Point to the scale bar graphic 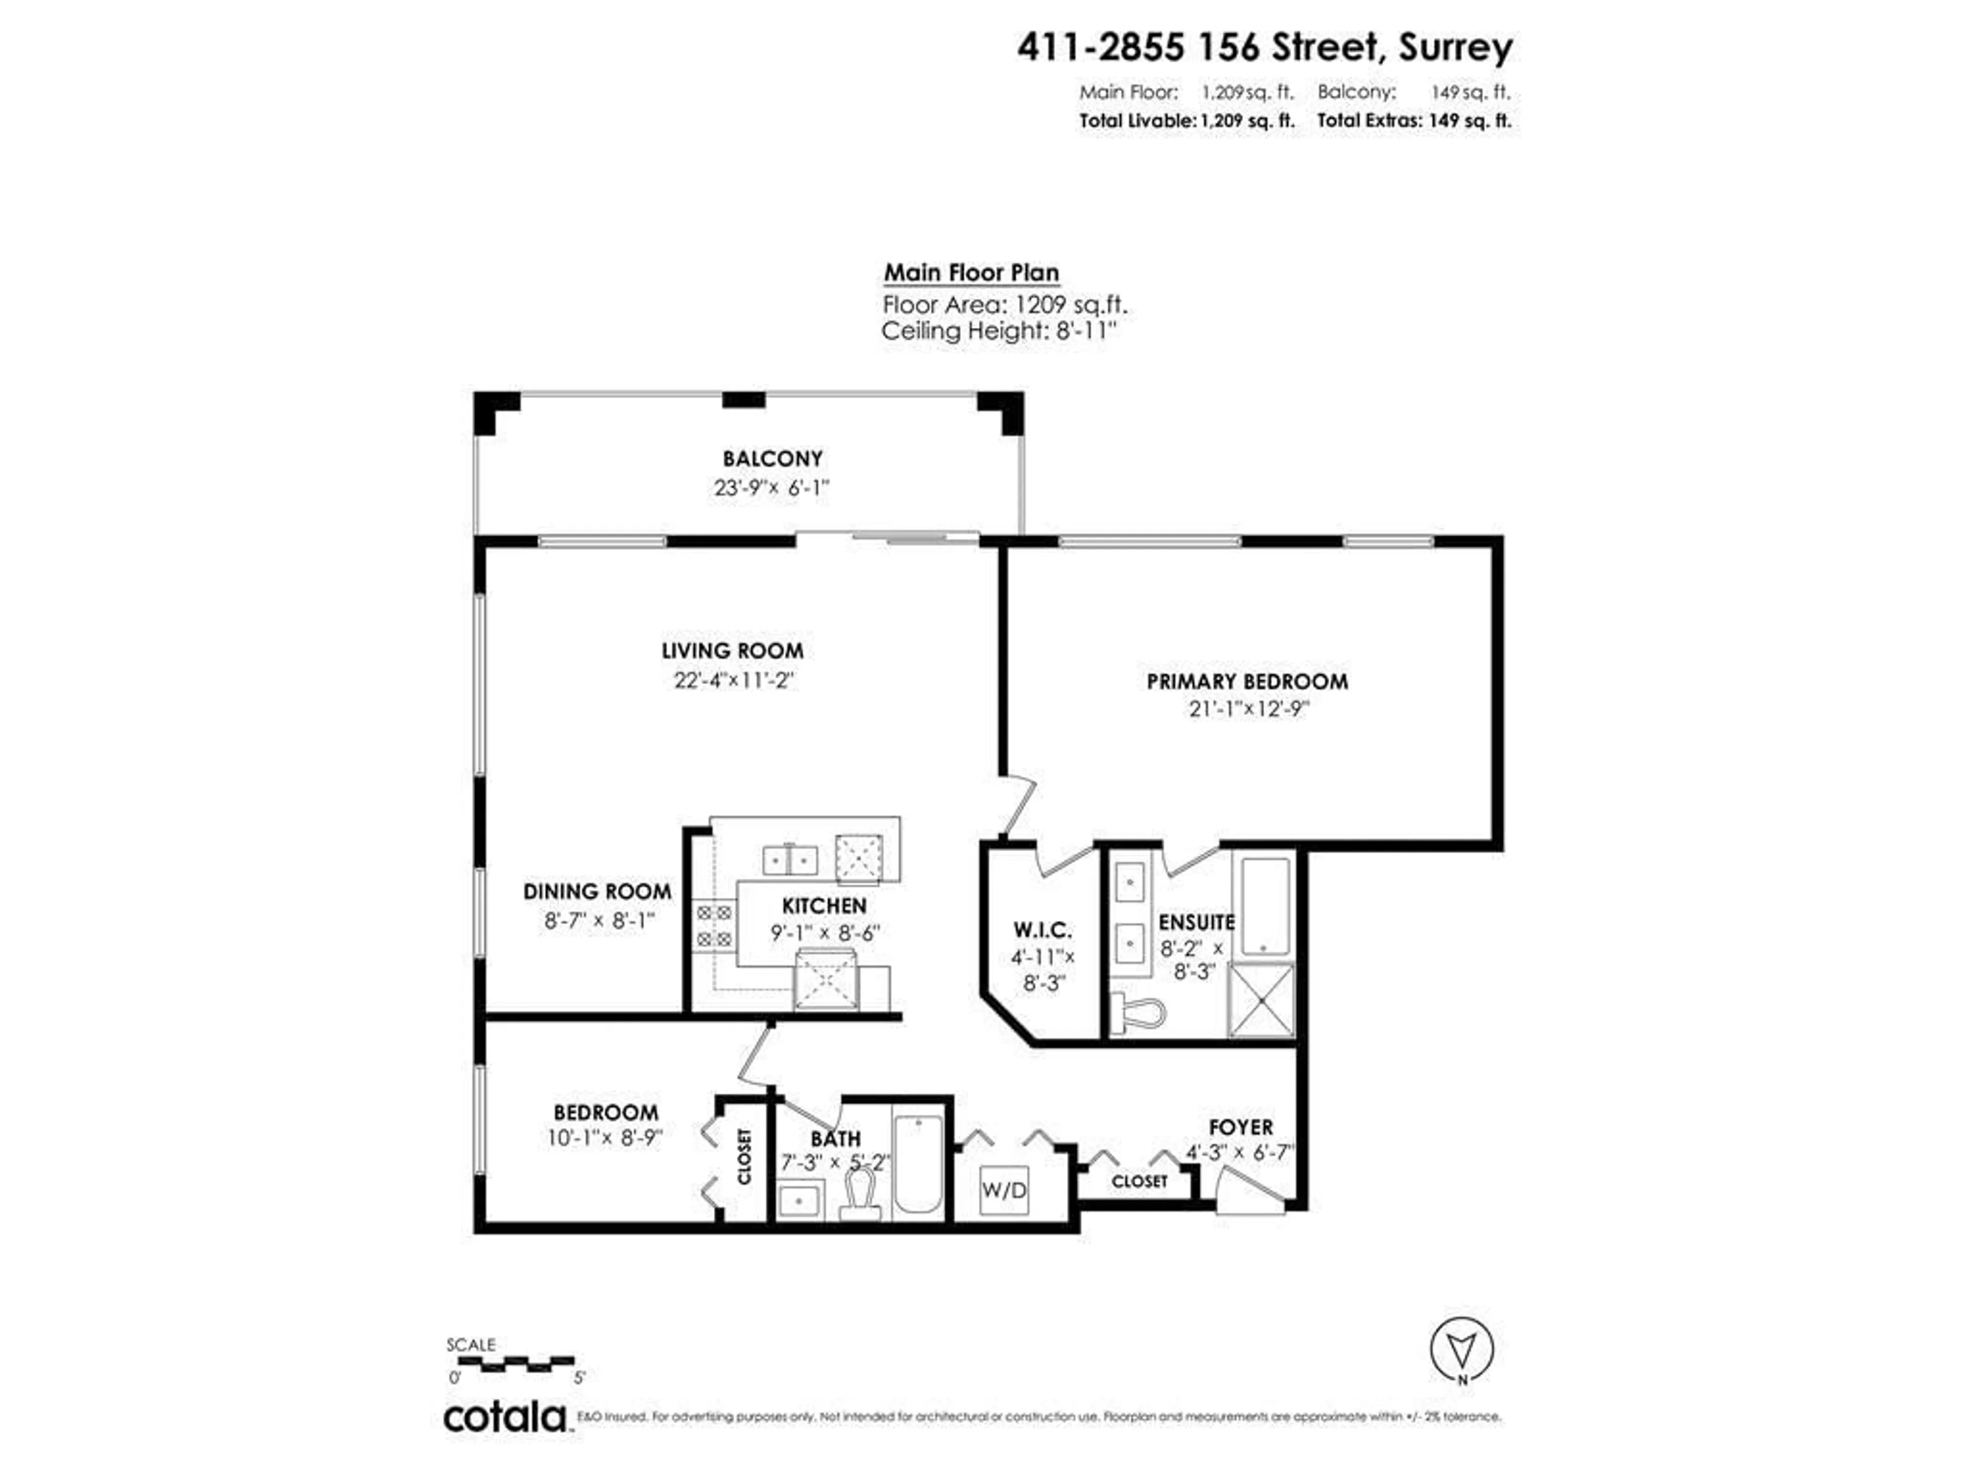(511, 1364)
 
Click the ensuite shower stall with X (1261, 1000)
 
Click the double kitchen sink (790, 859)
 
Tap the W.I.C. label (1042, 930)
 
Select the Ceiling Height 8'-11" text (998, 332)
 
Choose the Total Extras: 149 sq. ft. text (1413, 121)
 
